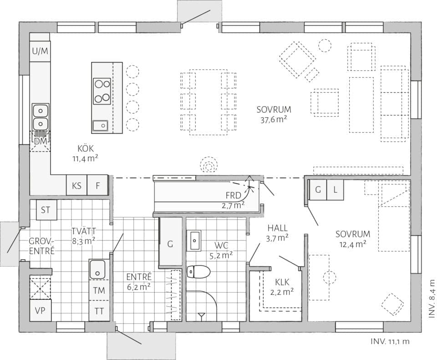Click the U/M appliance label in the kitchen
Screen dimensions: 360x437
40,51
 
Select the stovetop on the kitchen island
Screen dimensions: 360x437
102,91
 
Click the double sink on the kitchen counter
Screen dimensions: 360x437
40,117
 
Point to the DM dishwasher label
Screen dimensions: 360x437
40,141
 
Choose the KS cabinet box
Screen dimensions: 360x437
76,185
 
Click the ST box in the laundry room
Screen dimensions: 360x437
46,210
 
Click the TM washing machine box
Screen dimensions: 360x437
98,290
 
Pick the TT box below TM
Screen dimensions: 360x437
98,311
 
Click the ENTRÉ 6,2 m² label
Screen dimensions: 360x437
139,281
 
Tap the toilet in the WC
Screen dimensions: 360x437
198,272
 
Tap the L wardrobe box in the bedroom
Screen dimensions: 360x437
335,190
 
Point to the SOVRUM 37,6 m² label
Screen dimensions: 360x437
273,114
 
